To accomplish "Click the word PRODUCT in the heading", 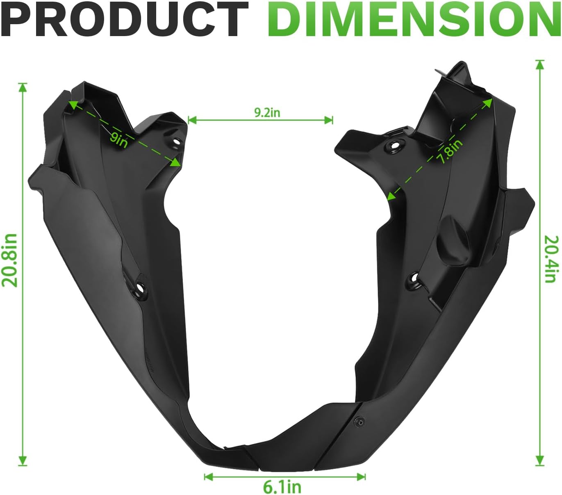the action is pos(124,19).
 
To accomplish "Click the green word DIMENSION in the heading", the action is pos(414,19).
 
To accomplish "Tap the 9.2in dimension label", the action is pos(267,112).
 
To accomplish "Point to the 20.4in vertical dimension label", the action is pos(551,259).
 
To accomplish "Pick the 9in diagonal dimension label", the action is pos(118,140).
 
